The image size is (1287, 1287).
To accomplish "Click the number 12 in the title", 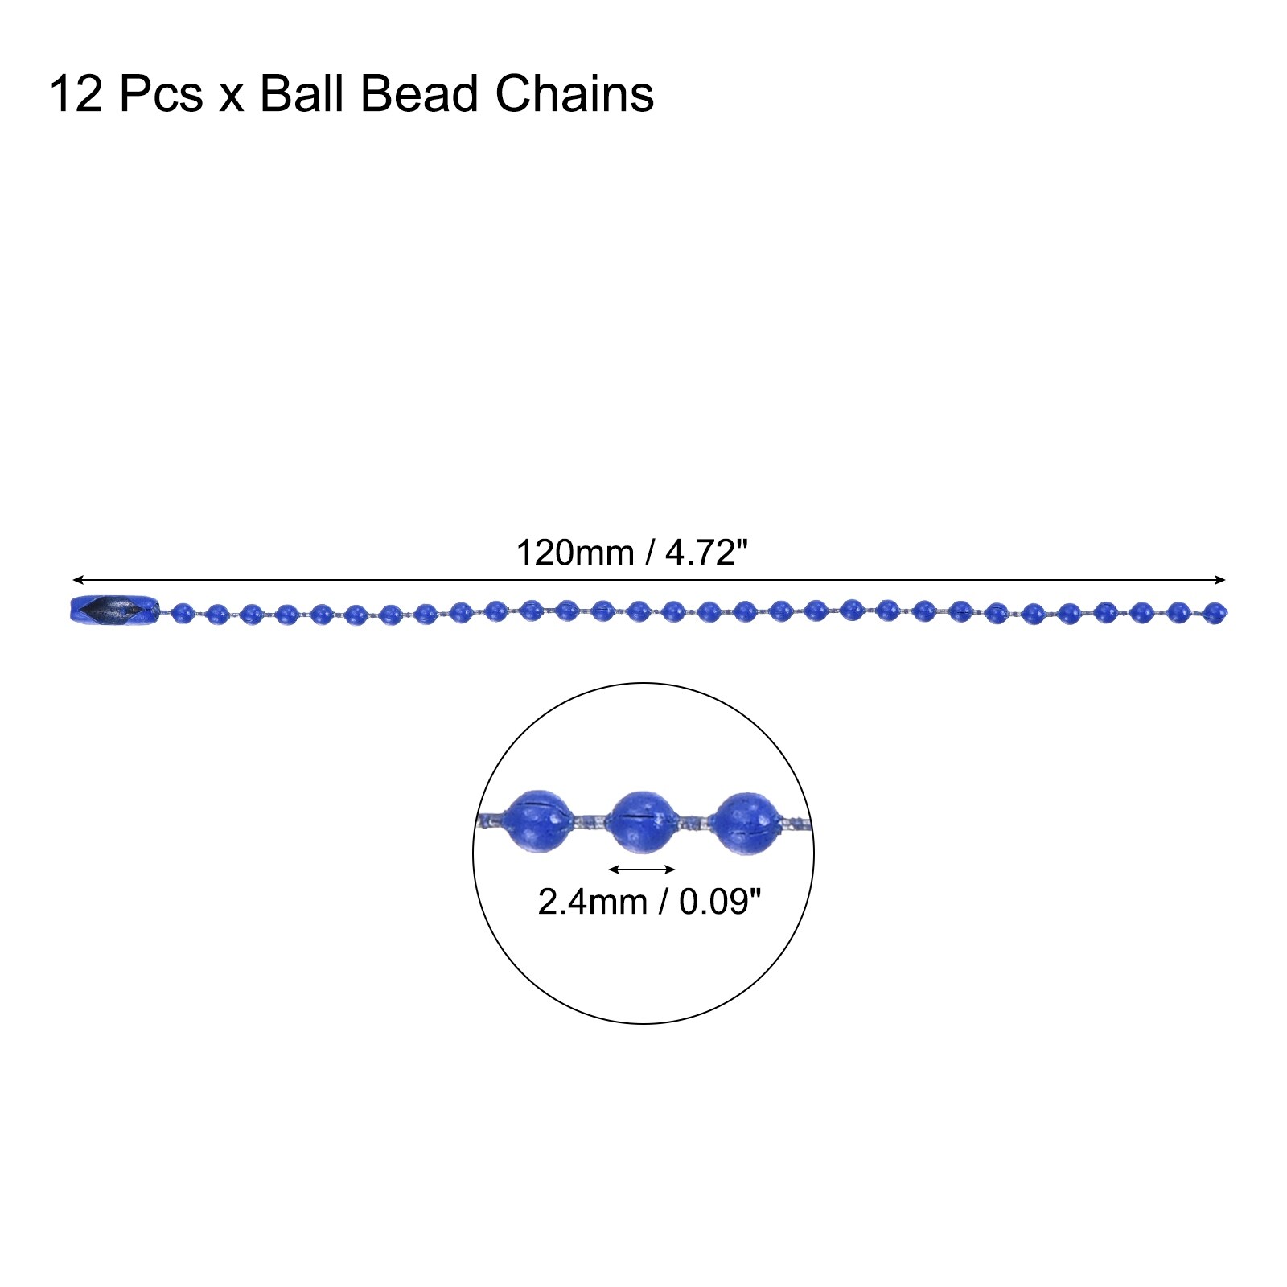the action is (x=76, y=94).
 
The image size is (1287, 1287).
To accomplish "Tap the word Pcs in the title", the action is (x=161, y=94).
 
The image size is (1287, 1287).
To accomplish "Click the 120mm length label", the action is (x=574, y=553).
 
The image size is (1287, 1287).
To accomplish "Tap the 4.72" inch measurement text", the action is (x=706, y=553).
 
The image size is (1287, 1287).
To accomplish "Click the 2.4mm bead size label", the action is (x=593, y=902).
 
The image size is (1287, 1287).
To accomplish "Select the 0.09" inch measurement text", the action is (x=720, y=901).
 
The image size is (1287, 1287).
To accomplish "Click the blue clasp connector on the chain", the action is (x=114, y=611).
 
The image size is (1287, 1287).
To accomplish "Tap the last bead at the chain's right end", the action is (x=1215, y=613).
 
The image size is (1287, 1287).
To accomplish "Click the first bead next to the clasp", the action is (x=183, y=614).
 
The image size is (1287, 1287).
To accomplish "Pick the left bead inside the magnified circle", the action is (x=539, y=820).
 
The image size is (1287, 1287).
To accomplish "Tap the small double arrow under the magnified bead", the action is (x=642, y=869).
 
